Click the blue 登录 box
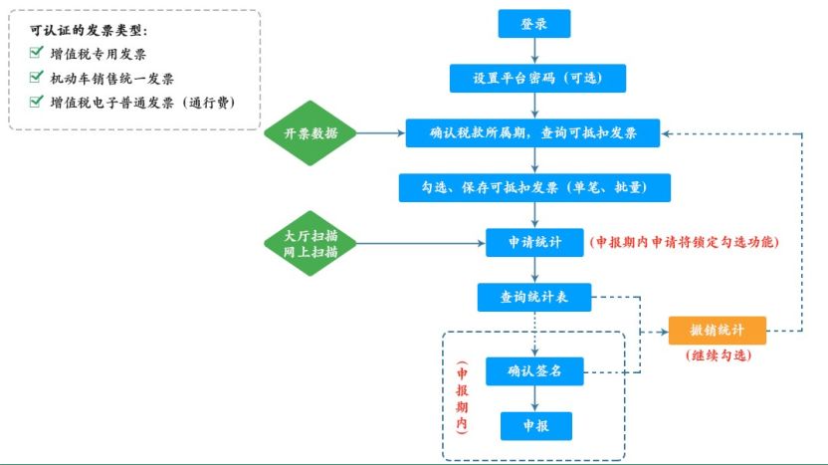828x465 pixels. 533,24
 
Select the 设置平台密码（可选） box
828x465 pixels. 537,79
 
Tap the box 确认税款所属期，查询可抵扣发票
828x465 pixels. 532,133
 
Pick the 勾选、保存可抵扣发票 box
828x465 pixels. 534,187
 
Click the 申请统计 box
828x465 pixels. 534,243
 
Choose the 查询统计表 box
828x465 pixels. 534,297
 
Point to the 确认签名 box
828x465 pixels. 534,371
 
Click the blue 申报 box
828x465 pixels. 536,426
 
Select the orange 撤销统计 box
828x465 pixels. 718,331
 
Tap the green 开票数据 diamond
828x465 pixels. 310,133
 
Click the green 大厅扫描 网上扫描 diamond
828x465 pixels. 310,244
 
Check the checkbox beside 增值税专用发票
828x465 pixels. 37,52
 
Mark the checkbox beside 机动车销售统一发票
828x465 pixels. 37,77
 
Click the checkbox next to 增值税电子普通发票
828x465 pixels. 37,101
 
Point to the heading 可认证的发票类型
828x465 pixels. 89,31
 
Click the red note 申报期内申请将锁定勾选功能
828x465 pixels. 685,242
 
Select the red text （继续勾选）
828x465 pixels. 719,355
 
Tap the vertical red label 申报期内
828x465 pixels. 462,398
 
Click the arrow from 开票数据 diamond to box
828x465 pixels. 381,133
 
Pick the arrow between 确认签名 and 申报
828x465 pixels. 535,399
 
